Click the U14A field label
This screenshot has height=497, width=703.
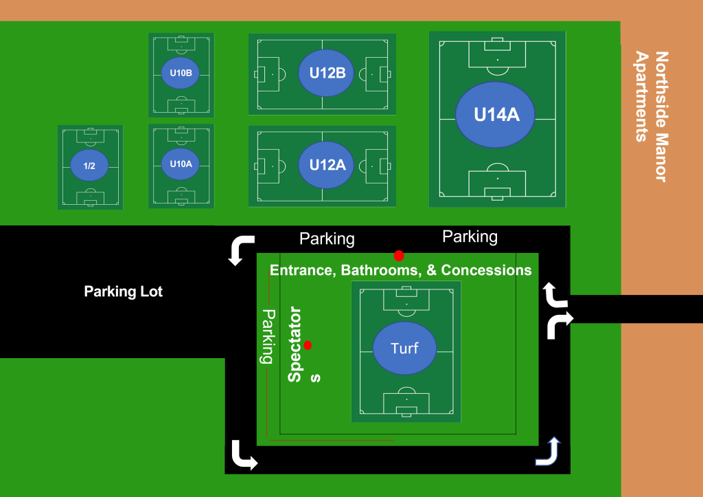pos(496,115)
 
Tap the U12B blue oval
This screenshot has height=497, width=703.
pos(327,72)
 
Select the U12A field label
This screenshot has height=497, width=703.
pos(327,165)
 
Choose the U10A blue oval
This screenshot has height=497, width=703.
pos(181,164)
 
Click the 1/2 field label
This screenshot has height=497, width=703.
pos(89,166)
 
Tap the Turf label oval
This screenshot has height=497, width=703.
pos(404,348)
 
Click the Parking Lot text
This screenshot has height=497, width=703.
pos(124,291)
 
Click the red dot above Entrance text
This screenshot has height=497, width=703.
pos(399,256)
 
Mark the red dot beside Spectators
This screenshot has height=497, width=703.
pos(308,345)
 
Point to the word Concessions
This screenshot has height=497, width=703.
pos(486,270)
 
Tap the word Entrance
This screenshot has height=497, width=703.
pos(300,270)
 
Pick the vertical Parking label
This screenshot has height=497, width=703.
pos(268,336)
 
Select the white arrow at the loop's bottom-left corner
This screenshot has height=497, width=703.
pos(244,455)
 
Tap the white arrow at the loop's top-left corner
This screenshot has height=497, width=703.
pos(242,250)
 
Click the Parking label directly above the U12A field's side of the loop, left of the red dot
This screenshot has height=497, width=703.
pos(327,239)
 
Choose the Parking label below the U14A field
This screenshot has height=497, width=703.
pos(470,237)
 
